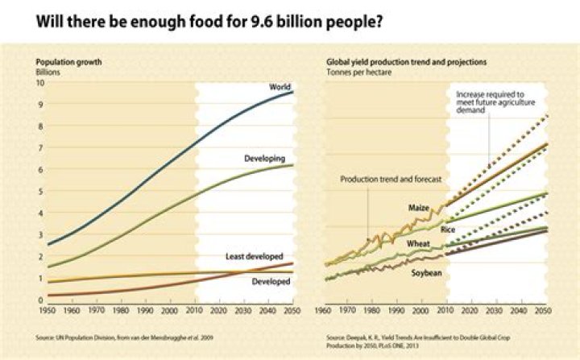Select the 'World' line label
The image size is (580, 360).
tap(280, 86)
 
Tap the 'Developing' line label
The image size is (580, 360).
tap(265, 159)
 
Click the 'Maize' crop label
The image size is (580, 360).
tap(418, 208)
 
